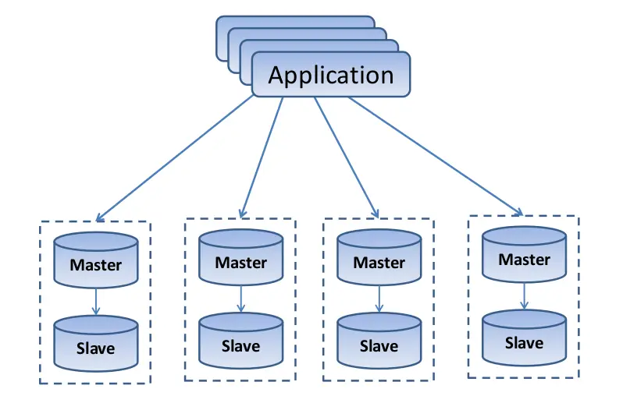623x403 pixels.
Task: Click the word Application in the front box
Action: [330, 76]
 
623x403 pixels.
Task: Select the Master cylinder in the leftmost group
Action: [95, 263]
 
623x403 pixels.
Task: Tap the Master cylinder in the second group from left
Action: [240, 262]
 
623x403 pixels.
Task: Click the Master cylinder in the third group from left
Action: [379, 262]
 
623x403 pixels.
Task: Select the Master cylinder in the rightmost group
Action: [524, 259]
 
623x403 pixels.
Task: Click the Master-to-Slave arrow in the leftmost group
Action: [95, 301]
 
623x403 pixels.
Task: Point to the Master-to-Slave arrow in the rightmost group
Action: [524, 296]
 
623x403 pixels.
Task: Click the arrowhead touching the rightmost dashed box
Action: [518, 210]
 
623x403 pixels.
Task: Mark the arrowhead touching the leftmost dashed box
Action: [100, 216]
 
